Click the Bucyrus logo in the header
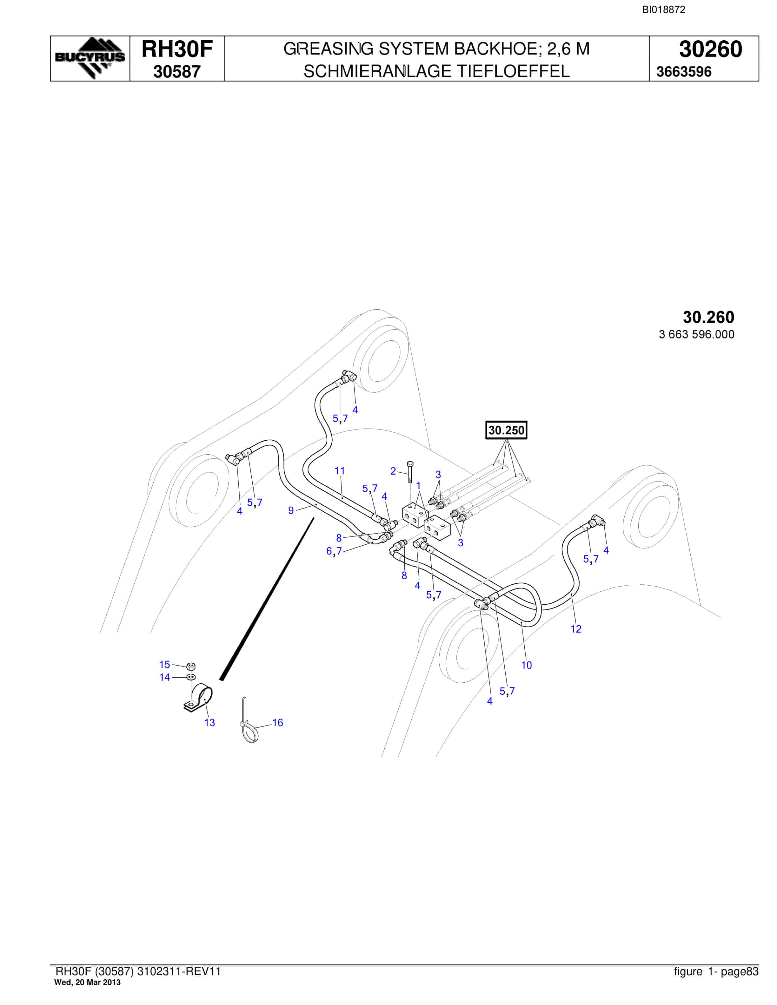click(90, 58)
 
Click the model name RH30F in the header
click(177, 49)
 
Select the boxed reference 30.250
click(506, 430)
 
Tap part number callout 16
click(277, 722)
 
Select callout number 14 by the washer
click(164, 677)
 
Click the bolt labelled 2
click(410, 472)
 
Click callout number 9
click(291, 510)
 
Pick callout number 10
click(526, 665)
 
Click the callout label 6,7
click(334, 551)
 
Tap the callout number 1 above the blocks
click(418, 485)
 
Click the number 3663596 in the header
click(684, 72)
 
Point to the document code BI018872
click(663, 10)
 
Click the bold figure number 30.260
click(708, 317)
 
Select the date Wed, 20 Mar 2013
click(88, 982)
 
